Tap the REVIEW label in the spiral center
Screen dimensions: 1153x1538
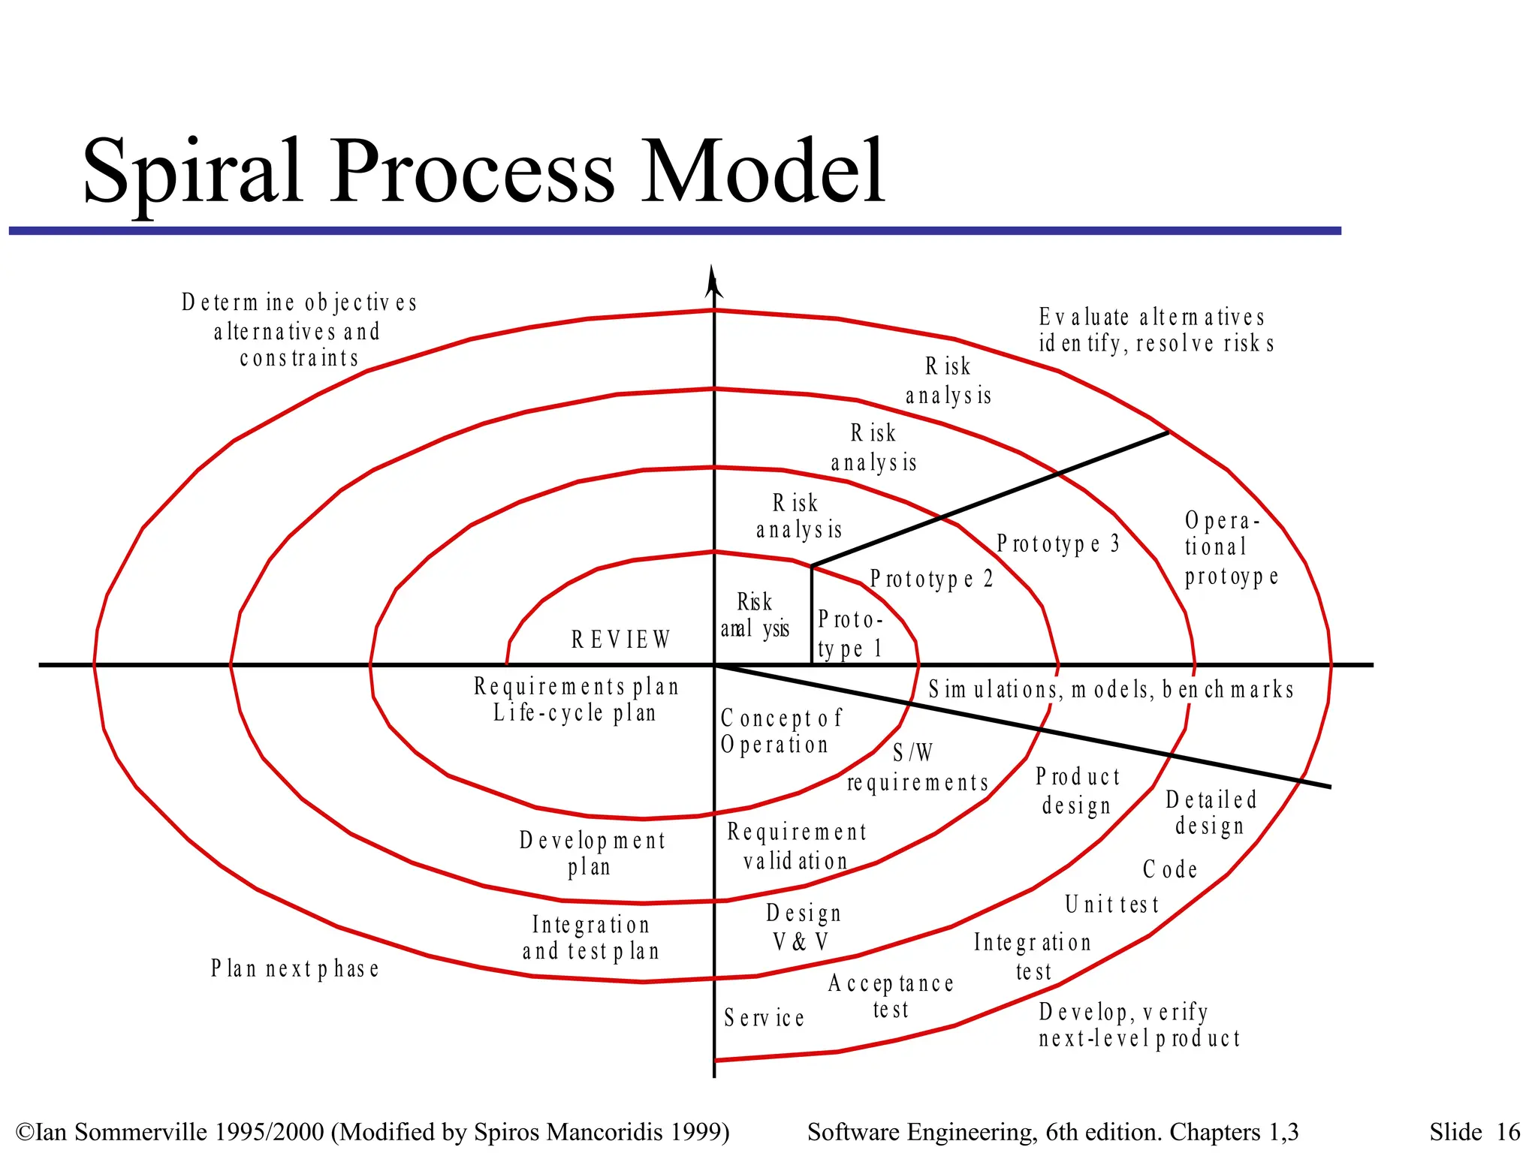[620, 640]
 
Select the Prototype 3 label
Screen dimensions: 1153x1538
[1057, 543]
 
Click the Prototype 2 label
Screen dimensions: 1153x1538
[931, 579]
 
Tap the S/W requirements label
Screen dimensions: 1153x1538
[917, 768]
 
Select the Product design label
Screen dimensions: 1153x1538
[1077, 790]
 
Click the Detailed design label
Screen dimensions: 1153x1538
[1210, 813]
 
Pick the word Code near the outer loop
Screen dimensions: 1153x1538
[1169, 869]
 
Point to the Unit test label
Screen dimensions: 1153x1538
[1111, 905]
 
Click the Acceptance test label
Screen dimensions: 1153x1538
[891, 996]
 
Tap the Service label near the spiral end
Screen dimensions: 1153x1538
[764, 1018]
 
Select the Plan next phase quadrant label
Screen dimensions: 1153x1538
[294, 968]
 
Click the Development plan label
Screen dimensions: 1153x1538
[592, 853]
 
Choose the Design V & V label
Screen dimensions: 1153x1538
[802, 927]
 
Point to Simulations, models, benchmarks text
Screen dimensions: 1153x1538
[1111, 689]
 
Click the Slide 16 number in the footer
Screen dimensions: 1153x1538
[1473, 1132]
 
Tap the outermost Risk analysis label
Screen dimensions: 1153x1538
[948, 381]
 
